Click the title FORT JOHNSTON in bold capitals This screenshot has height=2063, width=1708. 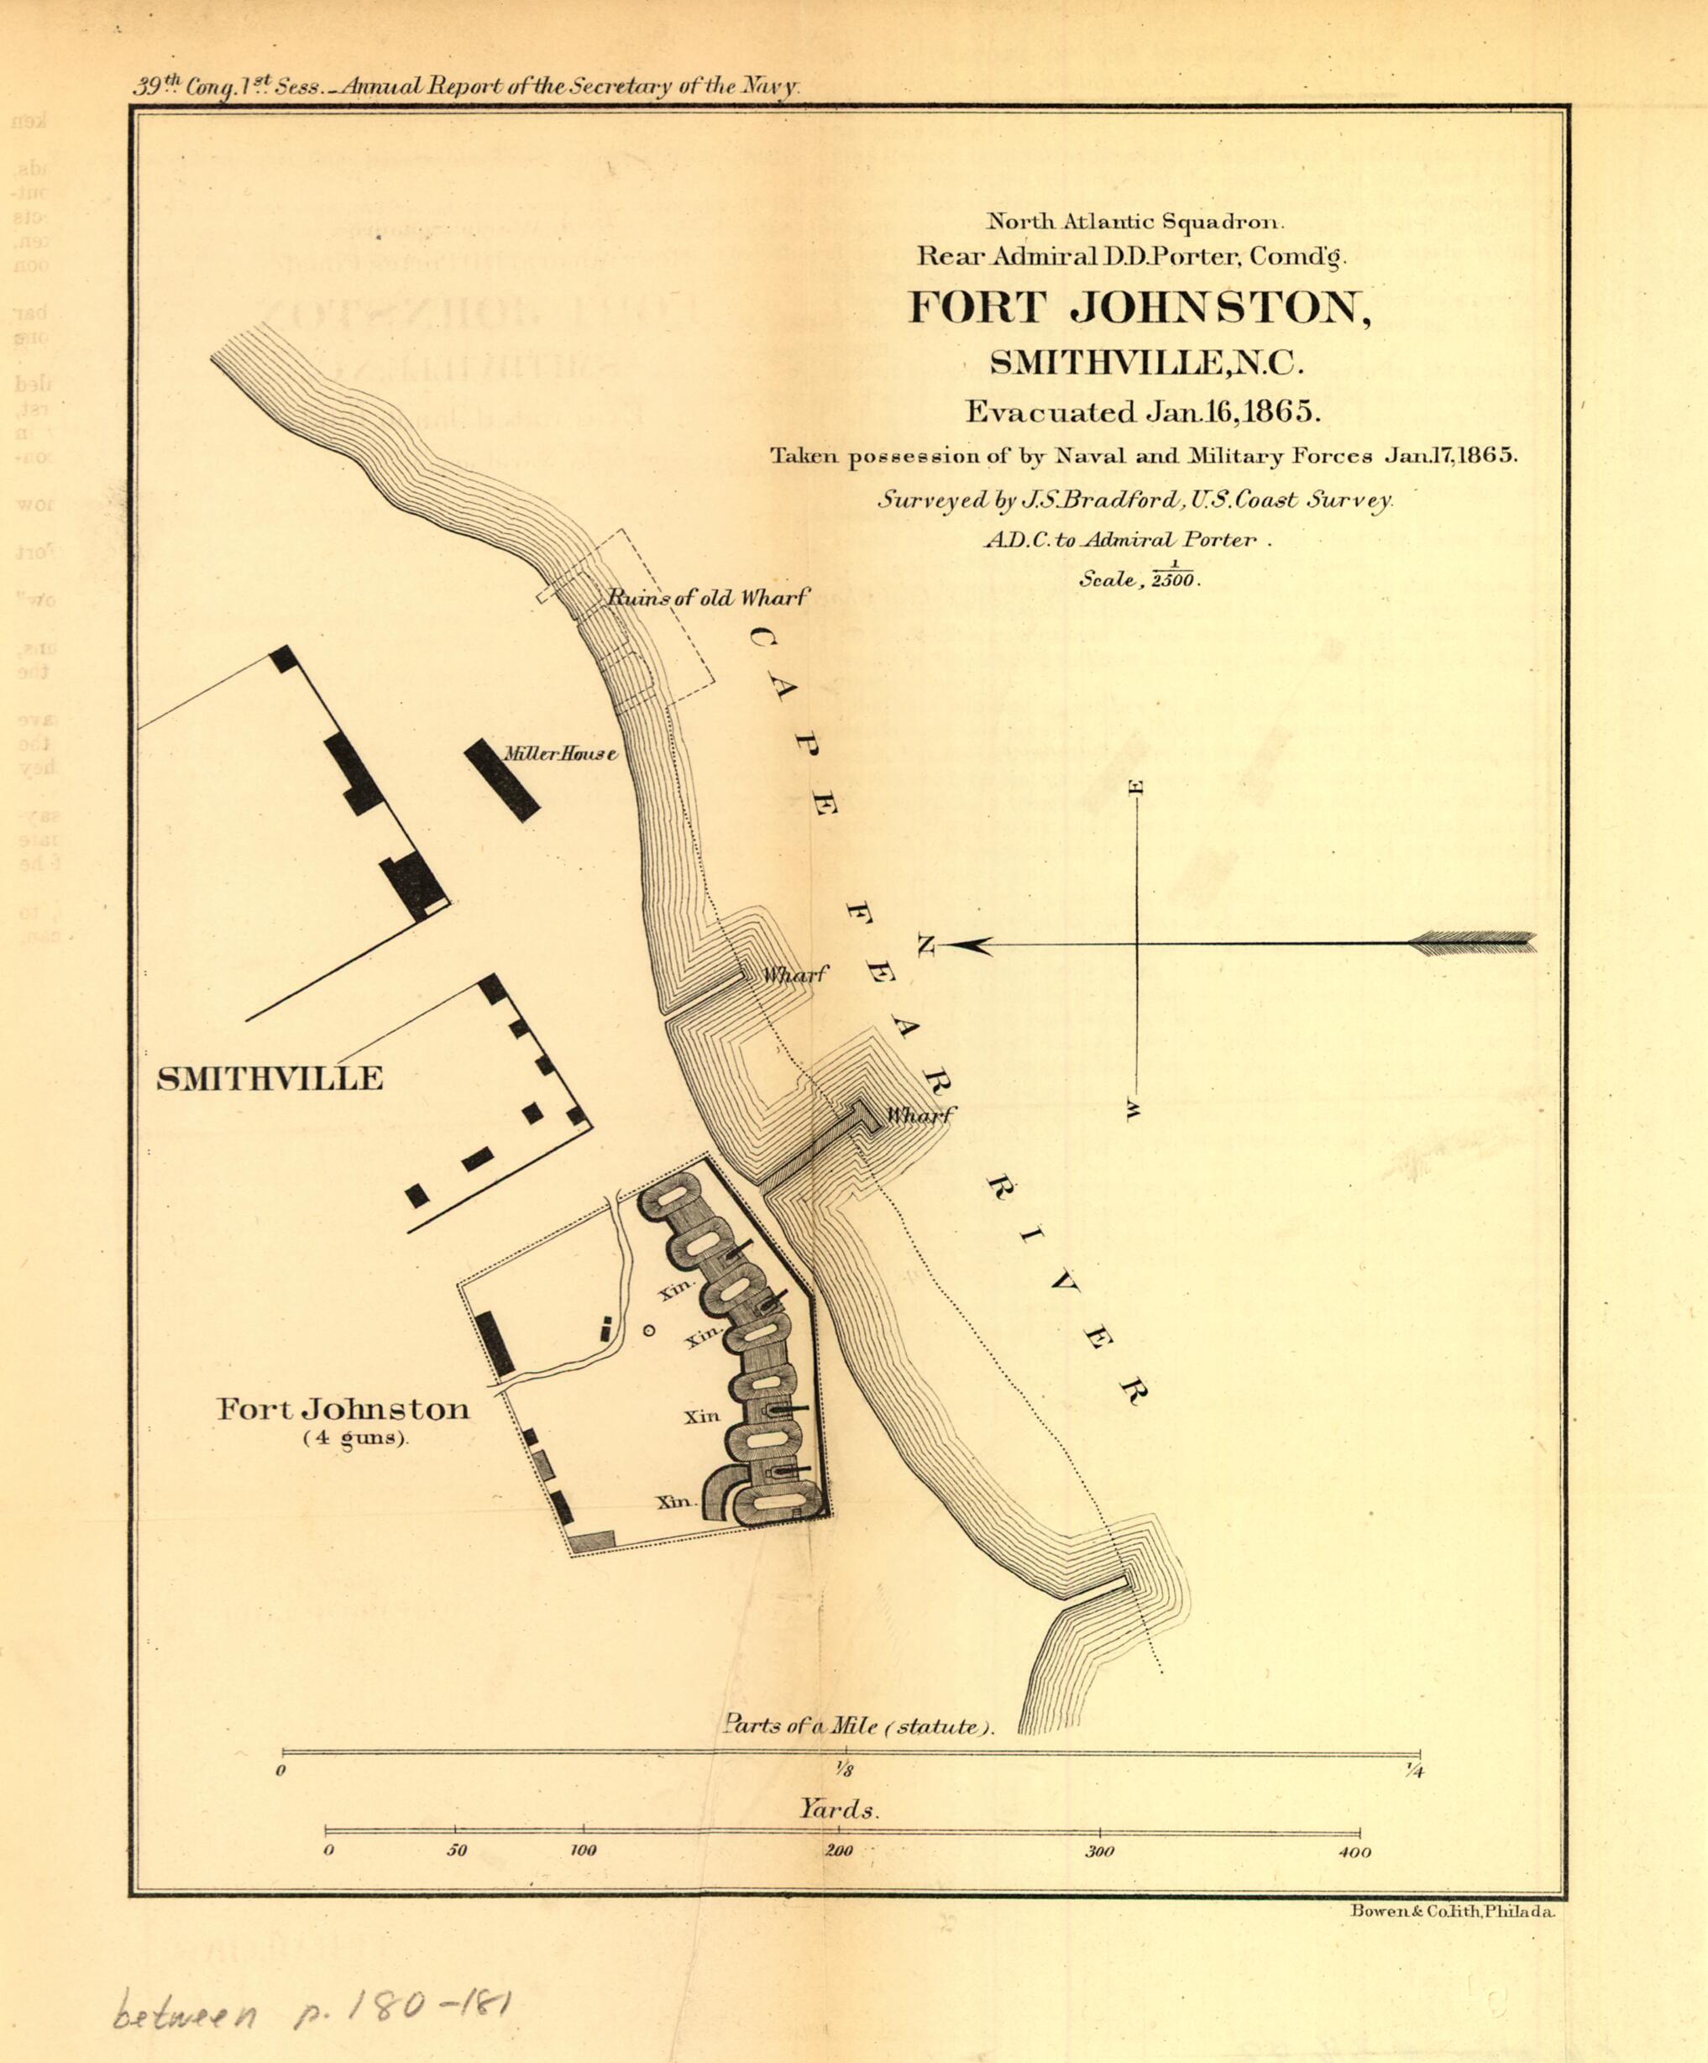point(1138,308)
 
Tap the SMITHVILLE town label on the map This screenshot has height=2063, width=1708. point(270,1080)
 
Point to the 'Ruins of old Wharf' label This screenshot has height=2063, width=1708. point(708,597)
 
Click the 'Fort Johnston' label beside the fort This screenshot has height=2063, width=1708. point(343,1410)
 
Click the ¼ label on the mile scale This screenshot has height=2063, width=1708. point(1415,1772)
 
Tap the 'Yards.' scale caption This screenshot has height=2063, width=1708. point(838,1809)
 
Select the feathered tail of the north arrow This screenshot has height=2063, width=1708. point(1472,942)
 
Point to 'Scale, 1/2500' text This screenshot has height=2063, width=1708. point(1140,577)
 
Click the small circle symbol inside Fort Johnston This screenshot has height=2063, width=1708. point(648,1330)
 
